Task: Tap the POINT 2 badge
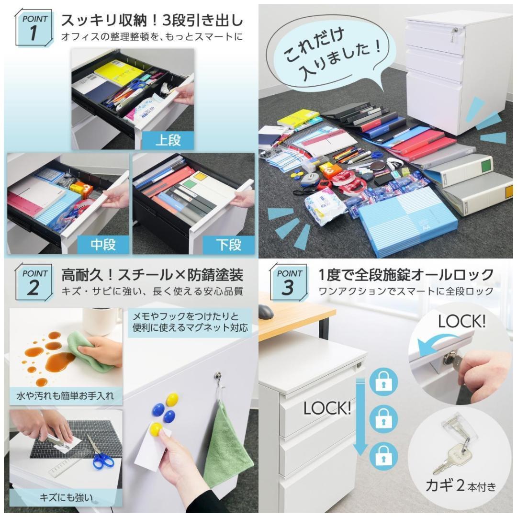tap(34, 282)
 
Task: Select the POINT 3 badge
tap(289, 282)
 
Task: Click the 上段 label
tap(168, 140)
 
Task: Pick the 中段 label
tap(103, 245)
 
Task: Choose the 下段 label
tap(228, 245)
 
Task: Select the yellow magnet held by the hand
tap(156, 429)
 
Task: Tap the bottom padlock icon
tap(383, 456)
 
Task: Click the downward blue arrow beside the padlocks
tap(360, 417)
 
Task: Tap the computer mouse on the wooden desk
tap(266, 312)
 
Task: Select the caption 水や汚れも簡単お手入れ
tap(65, 395)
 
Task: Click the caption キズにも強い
tap(66, 497)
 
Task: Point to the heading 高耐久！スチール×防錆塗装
tap(152, 275)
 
